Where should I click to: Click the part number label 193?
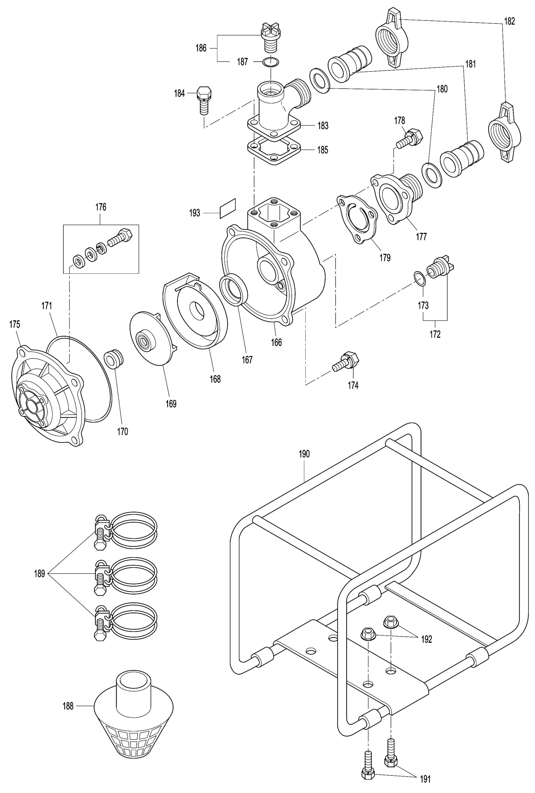pyautogui.click(x=195, y=213)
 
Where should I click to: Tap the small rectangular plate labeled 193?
pyautogui.click(x=228, y=208)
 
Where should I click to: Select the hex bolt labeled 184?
pyautogui.click(x=204, y=101)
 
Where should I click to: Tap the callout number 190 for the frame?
pyautogui.click(x=304, y=454)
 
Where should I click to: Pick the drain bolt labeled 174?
pyautogui.click(x=346, y=362)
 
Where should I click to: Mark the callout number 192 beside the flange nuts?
pyautogui.click(x=427, y=639)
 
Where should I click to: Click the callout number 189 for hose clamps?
pyautogui.click(x=39, y=574)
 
